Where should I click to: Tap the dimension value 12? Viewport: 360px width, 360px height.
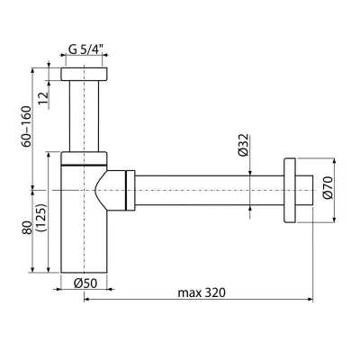click(44, 98)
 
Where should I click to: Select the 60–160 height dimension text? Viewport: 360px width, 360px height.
click(26, 126)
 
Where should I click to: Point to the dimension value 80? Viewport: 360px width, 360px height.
click(26, 229)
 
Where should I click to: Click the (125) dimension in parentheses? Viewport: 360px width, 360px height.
click(41, 218)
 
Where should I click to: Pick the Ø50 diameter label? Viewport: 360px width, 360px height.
click(85, 283)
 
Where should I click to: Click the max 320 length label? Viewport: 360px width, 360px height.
click(202, 292)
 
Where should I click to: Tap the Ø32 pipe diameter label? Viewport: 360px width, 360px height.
click(243, 145)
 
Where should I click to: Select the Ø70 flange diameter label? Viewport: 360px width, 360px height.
click(328, 187)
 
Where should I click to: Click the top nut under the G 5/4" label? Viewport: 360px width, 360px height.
click(84, 74)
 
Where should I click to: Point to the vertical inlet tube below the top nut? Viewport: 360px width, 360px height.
click(84, 116)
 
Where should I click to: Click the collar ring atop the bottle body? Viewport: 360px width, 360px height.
click(84, 158)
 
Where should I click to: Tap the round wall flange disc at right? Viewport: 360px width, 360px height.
click(290, 190)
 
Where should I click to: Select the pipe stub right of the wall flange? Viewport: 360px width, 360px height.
click(304, 190)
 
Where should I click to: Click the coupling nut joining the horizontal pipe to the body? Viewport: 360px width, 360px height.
click(130, 190)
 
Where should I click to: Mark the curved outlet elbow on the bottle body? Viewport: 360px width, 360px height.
click(111, 190)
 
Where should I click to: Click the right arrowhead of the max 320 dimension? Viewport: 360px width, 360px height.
click(310, 299)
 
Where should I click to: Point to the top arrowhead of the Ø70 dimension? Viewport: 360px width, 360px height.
click(335, 161)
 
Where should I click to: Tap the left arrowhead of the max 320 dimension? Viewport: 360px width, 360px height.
click(87, 299)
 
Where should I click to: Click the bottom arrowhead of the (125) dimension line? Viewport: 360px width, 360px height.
click(49, 269)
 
